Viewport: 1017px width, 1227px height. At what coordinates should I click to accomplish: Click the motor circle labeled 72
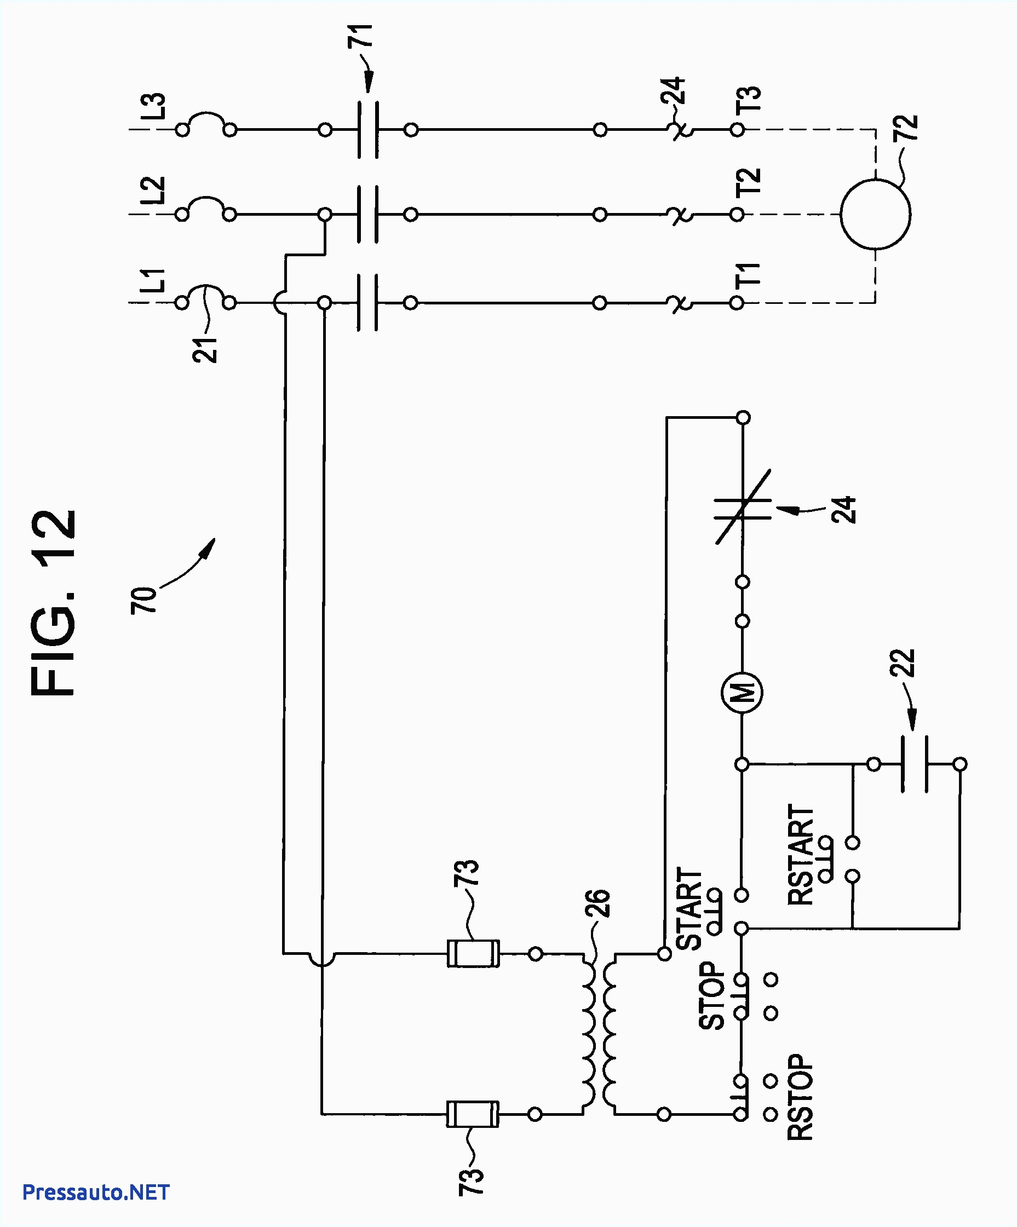[x=875, y=215]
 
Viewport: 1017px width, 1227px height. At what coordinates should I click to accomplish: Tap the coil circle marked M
[x=742, y=693]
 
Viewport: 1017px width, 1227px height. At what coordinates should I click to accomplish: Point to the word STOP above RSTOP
[x=712, y=995]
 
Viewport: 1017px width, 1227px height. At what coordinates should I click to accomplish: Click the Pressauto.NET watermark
[x=96, y=1192]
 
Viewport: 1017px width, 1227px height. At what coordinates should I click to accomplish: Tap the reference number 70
[x=145, y=600]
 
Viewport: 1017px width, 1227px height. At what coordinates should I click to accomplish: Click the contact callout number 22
[x=903, y=663]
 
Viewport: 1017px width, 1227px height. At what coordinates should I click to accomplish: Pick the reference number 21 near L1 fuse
[x=205, y=350]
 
